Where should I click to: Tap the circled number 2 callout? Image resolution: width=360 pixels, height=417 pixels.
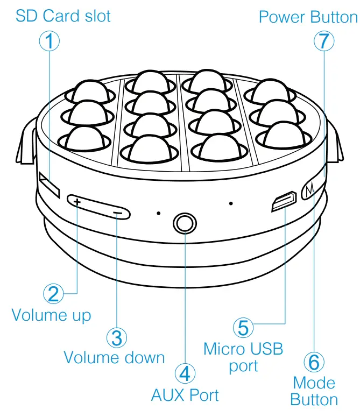click(x=53, y=293)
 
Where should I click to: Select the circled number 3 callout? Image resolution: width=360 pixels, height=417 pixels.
click(x=116, y=337)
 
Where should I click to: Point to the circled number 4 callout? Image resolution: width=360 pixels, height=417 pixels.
click(x=185, y=372)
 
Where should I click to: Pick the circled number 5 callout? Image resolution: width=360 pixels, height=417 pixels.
click(x=243, y=327)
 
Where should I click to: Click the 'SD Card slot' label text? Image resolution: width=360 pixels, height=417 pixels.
click(x=63, y=16)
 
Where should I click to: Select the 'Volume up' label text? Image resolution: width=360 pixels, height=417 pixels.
click(x=51, y=314)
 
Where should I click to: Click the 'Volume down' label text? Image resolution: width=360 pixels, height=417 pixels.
click(x=114, y=357)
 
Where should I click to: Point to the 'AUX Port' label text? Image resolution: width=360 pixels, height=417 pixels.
click(x=185, y=395)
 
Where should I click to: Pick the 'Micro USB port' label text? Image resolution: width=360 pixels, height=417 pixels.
click(x=243, y=357)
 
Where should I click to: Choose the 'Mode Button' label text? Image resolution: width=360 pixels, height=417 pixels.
click(x=314, y=391)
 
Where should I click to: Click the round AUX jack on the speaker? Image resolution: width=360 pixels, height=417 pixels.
click(x=185, y=223)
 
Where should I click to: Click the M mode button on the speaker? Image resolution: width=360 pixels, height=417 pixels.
click(x=309, y=190)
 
